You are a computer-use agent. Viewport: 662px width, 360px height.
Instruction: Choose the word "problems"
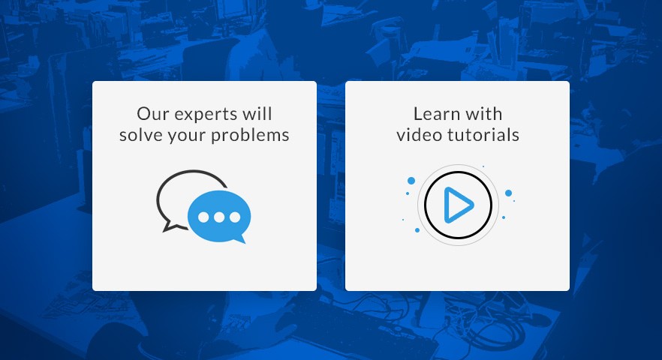(x=250, y=136)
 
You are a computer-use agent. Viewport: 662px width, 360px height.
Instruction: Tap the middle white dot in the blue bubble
(x=219, y=217)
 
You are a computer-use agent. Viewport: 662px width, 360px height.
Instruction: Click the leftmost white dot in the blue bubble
(x=203, y=217)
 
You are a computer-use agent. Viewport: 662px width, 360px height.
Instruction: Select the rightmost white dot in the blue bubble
(x=235, y=217)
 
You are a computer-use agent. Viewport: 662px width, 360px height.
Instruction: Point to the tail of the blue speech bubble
(x=241, y=240)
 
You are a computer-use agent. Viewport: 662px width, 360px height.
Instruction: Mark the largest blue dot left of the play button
(x=411, y=181)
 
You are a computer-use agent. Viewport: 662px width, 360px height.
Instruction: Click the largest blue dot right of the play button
(x=508, y=193)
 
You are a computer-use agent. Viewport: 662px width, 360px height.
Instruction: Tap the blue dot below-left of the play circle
(x=417, y=230)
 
